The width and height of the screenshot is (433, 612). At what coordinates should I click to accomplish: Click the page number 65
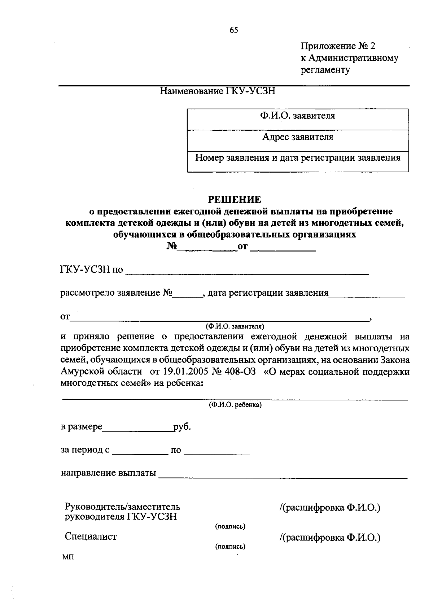click(x=233, y=30)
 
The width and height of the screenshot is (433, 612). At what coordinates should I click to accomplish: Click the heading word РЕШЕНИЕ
click(x=234, y=199)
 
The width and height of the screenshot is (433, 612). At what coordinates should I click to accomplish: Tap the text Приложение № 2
click(x=338, y=46)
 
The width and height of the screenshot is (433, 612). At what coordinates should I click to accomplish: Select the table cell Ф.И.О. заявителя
click(x=298, y=116)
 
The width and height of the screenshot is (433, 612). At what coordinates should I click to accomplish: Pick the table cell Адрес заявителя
click(x=298, y=137)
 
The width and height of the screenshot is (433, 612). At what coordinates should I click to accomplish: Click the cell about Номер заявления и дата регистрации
click(x=298, y=158)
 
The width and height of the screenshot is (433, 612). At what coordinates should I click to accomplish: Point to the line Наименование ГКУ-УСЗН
click(x=218, y=91)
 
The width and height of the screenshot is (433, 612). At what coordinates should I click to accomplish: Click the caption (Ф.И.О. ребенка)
click(x=235, y=405)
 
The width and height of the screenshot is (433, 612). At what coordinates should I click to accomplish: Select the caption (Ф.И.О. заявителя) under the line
click(x=235, y=326)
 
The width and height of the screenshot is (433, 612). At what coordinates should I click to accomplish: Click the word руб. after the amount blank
click(x=182, y=427)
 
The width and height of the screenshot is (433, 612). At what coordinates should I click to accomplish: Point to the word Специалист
click(x=91, y=537)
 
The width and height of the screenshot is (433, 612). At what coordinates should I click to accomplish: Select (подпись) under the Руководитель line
click(x=230, y=526)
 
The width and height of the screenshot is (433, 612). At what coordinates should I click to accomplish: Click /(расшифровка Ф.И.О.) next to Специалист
click(x=330, y=538)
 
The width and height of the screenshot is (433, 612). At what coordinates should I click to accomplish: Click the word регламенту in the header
click(x=325, y=70)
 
